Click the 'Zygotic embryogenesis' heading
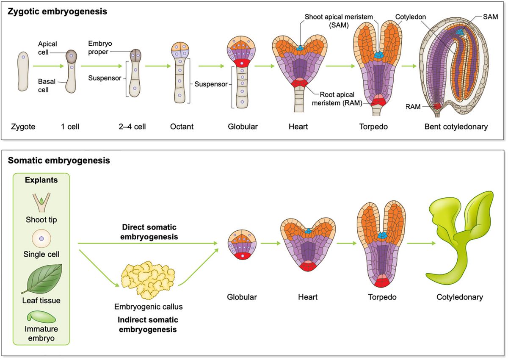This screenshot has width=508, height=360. click(57, 11)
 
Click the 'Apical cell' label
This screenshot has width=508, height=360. click(47, 48)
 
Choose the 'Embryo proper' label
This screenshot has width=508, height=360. click(100, 48)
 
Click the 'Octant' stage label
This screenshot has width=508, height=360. click(182, 127)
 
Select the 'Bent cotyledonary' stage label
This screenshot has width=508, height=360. click(456, 127)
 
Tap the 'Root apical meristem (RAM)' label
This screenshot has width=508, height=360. click(337, 99)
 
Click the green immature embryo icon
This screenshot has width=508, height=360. click(41, 316)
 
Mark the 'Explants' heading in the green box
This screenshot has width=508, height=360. click(41, 180)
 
